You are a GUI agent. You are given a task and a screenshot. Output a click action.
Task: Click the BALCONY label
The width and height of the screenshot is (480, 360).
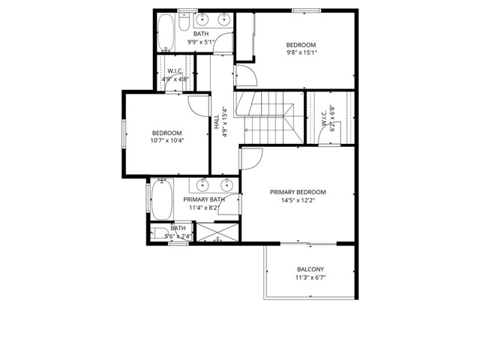pyautogui.click(x=310, y=269)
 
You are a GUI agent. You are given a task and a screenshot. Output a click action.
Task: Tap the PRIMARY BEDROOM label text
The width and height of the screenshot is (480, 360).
pyautogui.click(x=308, y=192)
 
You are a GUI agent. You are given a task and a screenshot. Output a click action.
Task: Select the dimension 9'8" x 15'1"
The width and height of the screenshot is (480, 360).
pyautogui.click(x=301, y=52)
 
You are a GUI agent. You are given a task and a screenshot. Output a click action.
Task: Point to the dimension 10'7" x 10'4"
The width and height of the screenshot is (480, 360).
pyautogui.click(x=166, y=140)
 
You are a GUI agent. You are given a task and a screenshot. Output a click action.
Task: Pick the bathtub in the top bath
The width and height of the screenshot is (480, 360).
pyautogui.click(x=166, y=32)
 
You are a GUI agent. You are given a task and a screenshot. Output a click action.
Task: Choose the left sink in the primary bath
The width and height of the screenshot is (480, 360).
pyautogui.click(x=202, y=184)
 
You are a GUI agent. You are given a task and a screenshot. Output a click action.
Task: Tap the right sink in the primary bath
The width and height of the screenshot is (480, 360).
pyautogui.click(x=226, y=184)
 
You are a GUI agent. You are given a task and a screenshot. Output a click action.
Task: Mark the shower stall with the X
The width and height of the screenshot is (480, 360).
pyautogui.click(x=217, y=233)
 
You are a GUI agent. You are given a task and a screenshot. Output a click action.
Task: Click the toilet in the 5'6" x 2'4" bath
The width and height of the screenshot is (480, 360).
pyautogui.click(x=160, y=233)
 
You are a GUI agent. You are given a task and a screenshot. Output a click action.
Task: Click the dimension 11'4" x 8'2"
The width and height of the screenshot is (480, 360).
pyautogui.click(x=204, y=208)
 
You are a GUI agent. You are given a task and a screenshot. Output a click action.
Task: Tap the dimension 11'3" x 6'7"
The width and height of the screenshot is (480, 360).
pyautogui.click(x=310, y=278)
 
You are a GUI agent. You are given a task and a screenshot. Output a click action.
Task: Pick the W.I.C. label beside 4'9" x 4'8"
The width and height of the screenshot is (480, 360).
pyautogui.click(x=176, y=70)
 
